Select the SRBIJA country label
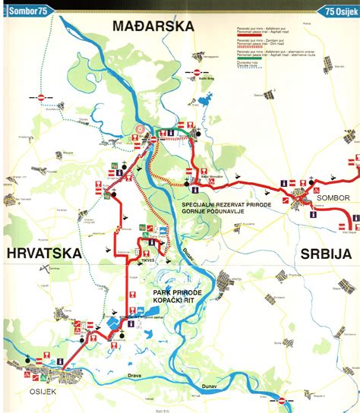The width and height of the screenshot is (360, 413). point(326,253)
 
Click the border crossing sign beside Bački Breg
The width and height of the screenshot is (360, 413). point(197,73)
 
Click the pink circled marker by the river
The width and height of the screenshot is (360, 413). point(140,130)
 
